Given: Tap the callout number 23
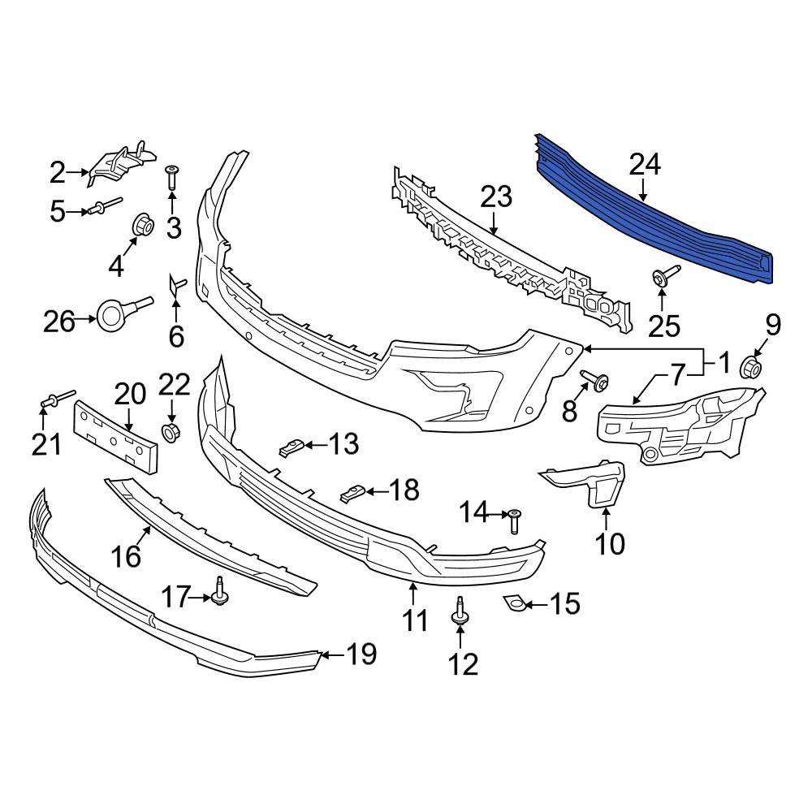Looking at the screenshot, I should (496, 197).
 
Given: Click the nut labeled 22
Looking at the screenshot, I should (171, 431).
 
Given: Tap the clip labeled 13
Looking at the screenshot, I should (291, 446).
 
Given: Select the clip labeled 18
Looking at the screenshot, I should (353, 493).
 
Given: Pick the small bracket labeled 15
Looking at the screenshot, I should (512, 603).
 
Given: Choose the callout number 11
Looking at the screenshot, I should (415, 621).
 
